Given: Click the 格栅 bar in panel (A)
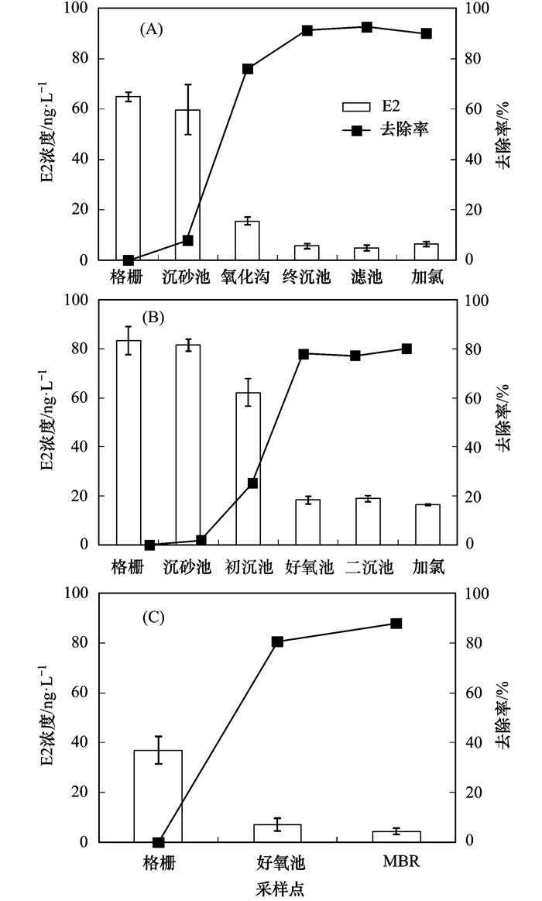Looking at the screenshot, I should pos(128,178).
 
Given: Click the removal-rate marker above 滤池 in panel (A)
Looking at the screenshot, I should pos(367,27).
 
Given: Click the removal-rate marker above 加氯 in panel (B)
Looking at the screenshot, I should pos(427,349).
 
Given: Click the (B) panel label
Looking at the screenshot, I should pos(151,317).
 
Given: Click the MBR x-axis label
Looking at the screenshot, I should pos(401,861).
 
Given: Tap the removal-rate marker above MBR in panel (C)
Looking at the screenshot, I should pos(396,623).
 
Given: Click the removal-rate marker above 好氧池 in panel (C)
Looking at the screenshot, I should pos(277,641).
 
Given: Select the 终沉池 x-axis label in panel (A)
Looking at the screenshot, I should pos(307,277).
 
